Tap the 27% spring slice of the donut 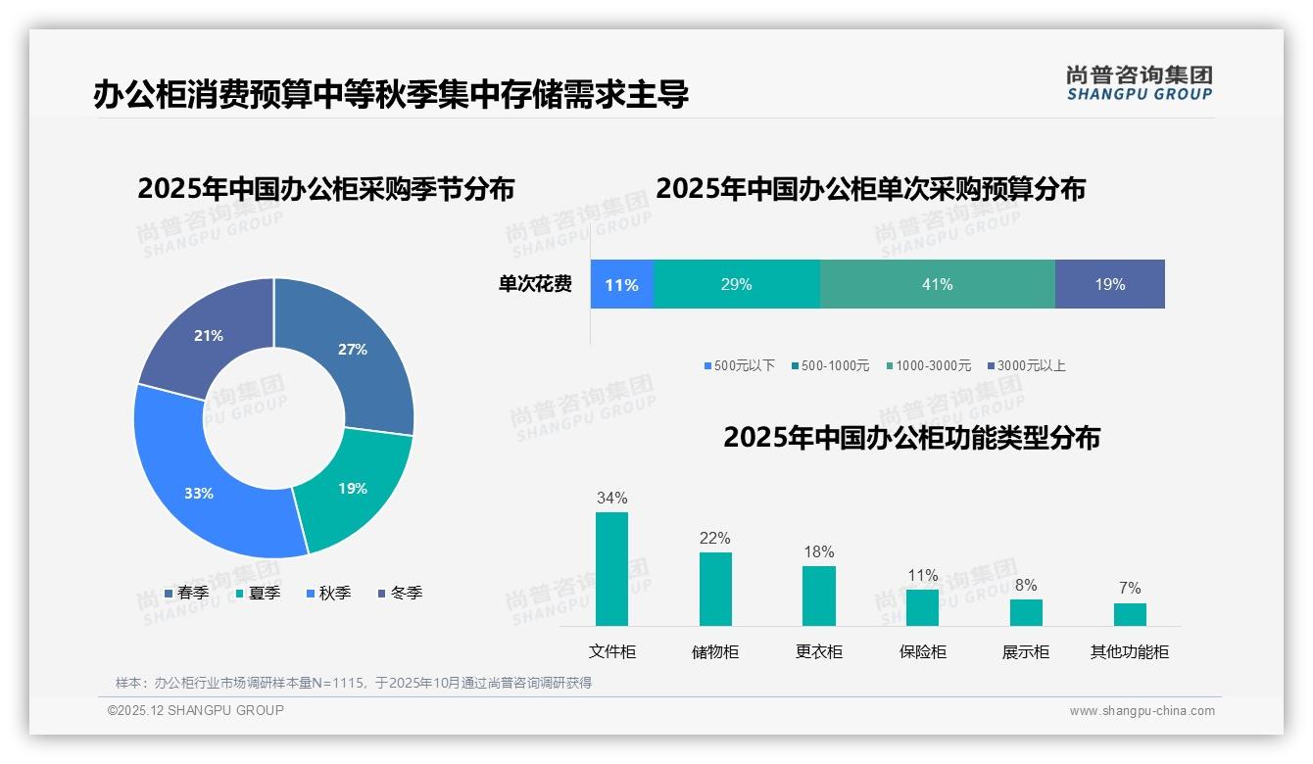click(358, 353)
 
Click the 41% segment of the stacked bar click(937, 284)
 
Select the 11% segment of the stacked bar click(621, 284)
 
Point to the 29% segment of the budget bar click(736, 284)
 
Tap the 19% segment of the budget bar click(1109, 284)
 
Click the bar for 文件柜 click(611, 568)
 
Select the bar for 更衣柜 click(819, 596)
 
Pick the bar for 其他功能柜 click(1130, 614)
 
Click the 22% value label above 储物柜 click(715, 538)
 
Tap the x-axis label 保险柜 click(923, 651)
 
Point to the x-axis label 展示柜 click(1026, 651)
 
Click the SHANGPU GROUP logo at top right click(1139, 82)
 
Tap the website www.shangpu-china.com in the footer click(1142, 710)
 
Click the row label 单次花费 click(535, 284)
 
